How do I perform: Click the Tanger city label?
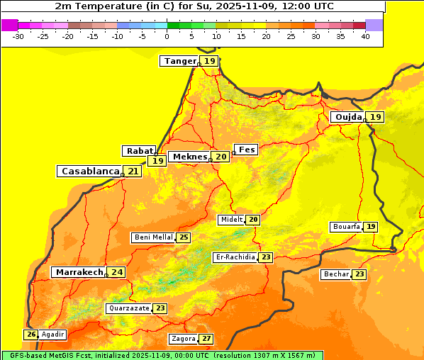(179, 61)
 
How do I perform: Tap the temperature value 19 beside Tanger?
(210, 61)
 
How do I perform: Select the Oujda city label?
(348, 117)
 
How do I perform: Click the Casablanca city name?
(89, 171)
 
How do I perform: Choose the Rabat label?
(138, 151)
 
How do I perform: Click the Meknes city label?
(190, 157)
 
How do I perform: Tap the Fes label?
(246, 150)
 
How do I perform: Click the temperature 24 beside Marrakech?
(117, 272)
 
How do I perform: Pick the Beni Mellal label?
(152, 237)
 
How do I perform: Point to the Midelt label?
(231, 220)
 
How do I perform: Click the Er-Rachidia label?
(235, 257)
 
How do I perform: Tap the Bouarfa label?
(346, 227)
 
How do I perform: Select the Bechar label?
(336, 274)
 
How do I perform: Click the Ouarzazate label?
(128, 308)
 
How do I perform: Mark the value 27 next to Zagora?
(206, 339)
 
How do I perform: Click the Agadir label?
(52, 334)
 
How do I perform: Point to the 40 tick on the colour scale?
(365, 36)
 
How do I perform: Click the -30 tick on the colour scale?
(18, 36)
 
